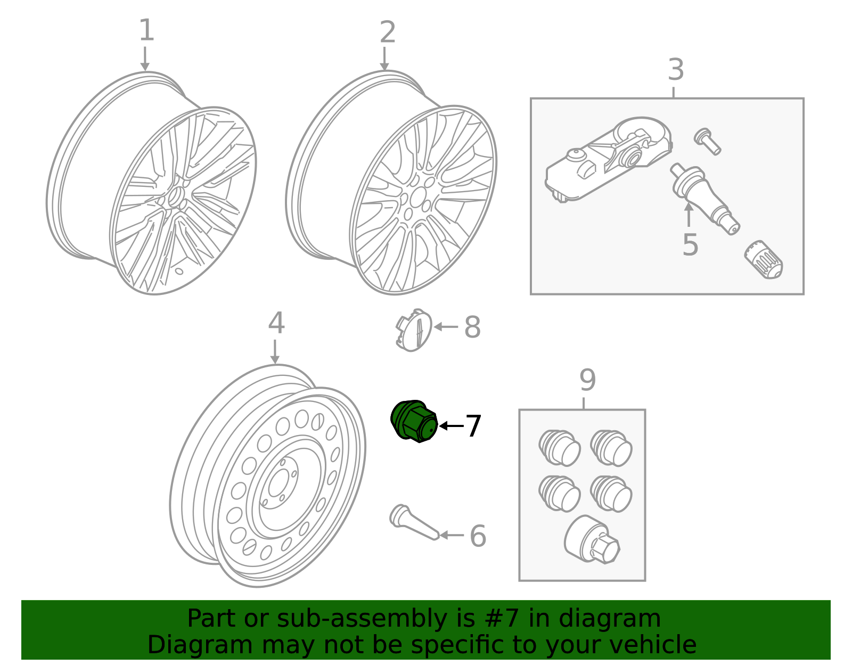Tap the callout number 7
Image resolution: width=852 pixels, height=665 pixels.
coord(473,426)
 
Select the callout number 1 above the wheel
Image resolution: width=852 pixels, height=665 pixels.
coord(146,30)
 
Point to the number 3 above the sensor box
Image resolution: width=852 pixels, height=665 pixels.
coord(675,70)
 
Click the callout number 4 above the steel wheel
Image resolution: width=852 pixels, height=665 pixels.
coord(276,323)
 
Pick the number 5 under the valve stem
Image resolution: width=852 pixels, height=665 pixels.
coord(690,245)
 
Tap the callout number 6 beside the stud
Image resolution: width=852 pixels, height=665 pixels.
coord(478,536)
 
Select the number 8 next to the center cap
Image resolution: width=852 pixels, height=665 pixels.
coord(472,327)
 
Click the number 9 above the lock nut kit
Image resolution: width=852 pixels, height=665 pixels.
coord(587,380)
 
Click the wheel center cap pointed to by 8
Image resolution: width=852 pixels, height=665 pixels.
coord(414,330)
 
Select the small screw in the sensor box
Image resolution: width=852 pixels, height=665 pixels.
coord(707,141)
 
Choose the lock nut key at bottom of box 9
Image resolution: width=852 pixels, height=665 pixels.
coord(592,540)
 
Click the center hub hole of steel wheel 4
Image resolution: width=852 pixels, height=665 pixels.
coord(277,484)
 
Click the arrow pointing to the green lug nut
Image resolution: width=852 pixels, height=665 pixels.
coord(450,426)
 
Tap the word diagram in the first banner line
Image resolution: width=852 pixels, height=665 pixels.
coord(628,619)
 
